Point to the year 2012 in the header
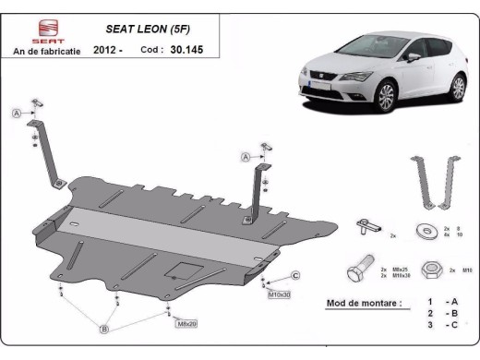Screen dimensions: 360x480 pyautogui.click(x=105, y=52)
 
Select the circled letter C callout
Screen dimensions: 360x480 pyautogui.click(x=294, y=275)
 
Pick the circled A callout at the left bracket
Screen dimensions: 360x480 pyautogui.click(x=16, y=113)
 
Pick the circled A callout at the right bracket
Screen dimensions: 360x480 pyautogui.click(x=246, y=157)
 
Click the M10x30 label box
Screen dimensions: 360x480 pyautogui.click(x=279, y=294)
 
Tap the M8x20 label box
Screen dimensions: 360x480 pyautogui.click(x=186, y=323)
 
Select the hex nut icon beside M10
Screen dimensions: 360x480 pyautogui.click(x=428, y=270)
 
